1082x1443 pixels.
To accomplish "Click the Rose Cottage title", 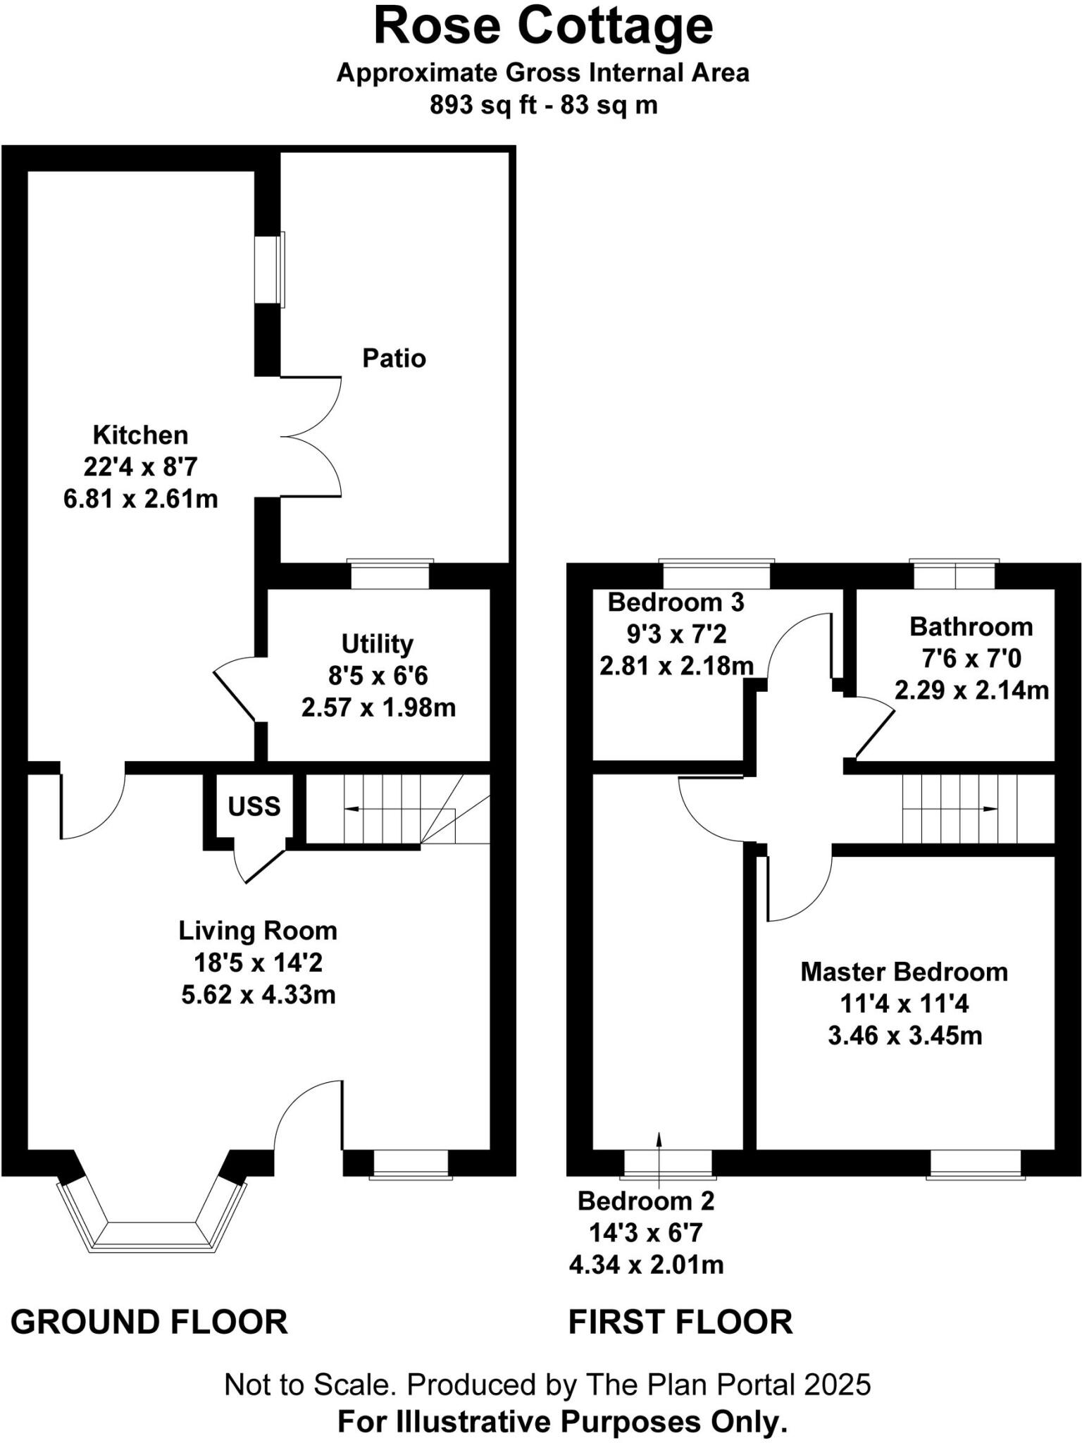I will click(x=542, y=27).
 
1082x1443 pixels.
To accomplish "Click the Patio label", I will click(x=394, y=359).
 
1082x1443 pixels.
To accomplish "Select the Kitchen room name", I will click(x=140, y=435).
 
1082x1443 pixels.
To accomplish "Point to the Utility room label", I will click(x=377, y=643).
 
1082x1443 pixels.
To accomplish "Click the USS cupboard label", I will click(x=254, y=807).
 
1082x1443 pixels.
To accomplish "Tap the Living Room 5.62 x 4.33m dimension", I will click(x=258, y=995).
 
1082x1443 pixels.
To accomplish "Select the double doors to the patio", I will click(x=310, y=437).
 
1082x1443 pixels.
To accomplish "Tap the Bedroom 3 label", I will click(x=676, y=603).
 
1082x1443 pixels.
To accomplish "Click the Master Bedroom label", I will click(x=904, y=972).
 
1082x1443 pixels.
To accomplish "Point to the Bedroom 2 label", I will click(x=646, y=1201).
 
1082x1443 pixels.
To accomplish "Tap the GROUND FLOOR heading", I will click(x=149, y=1323).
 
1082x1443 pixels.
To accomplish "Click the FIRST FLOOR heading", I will click(x=680, y=1323).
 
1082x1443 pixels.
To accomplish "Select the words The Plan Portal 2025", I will click(x=728, y=1385).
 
